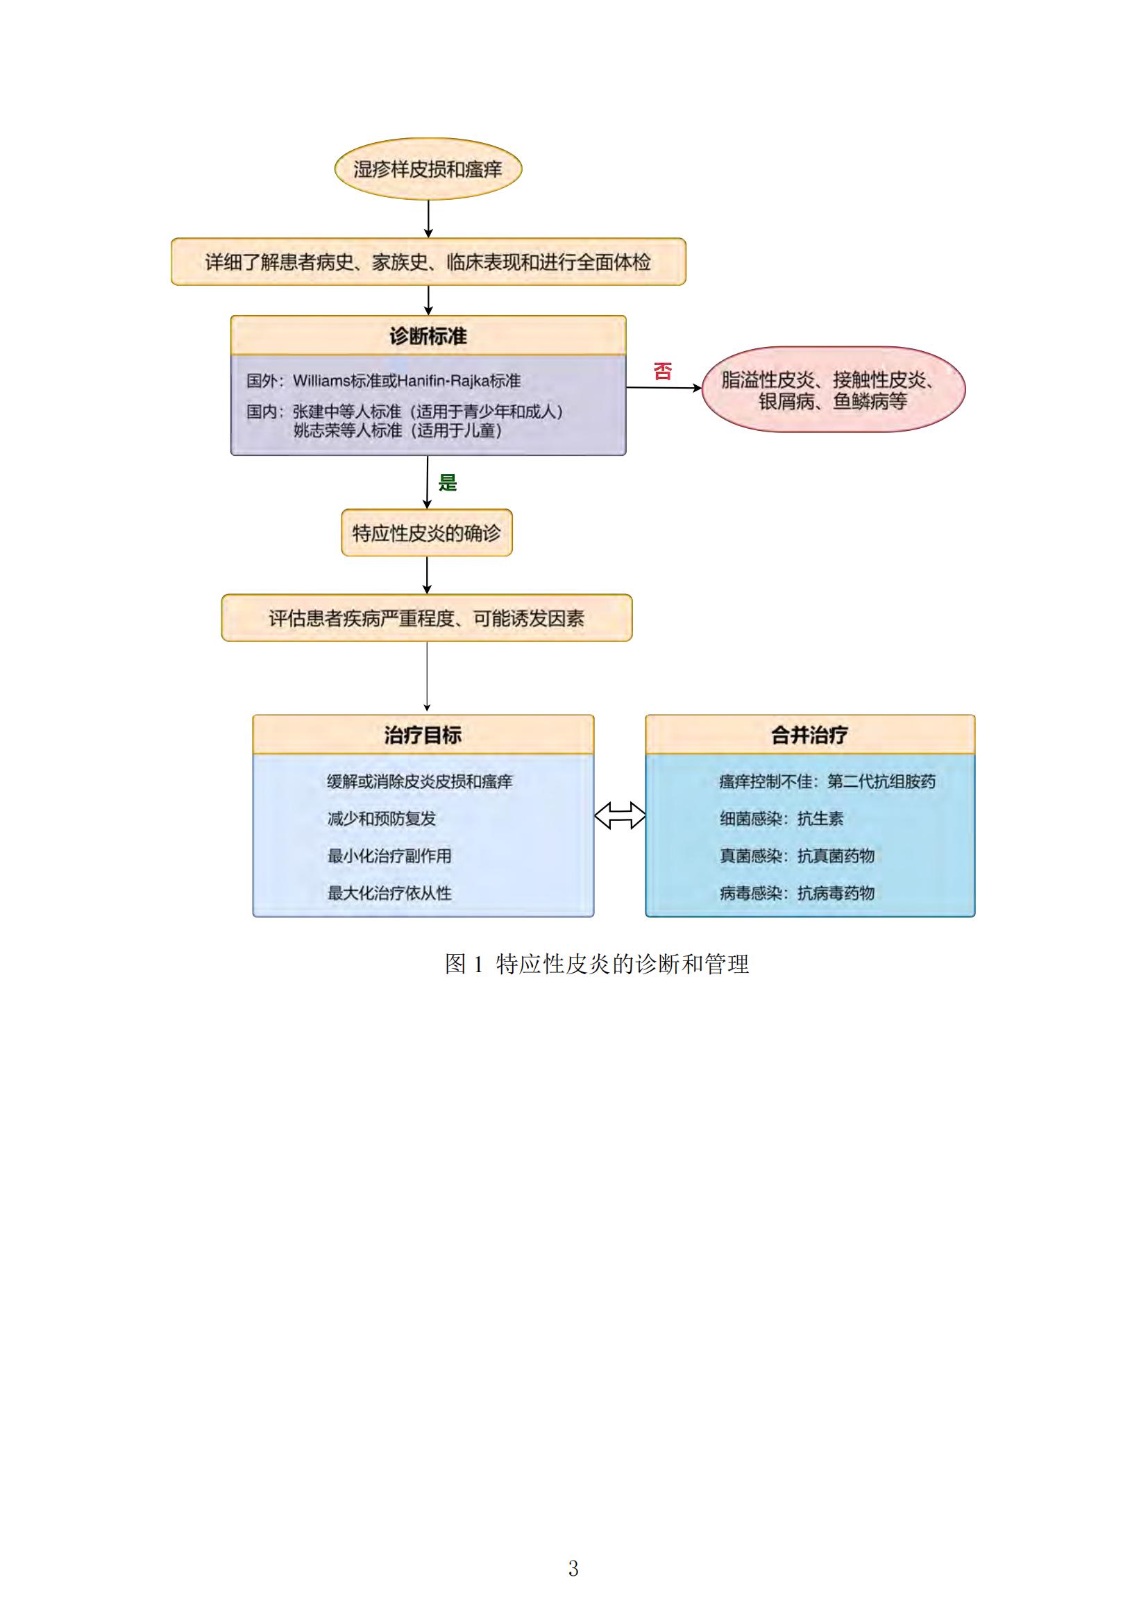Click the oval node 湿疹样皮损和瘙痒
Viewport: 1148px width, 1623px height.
[428, 169]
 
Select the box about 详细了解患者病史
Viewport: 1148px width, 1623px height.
[428, 262]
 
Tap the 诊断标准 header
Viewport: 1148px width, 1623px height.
[428, 336]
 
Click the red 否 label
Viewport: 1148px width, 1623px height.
[662, 371]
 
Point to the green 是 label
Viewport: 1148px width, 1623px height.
[448, 483]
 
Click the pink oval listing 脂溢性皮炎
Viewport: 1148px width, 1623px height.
[834, 389]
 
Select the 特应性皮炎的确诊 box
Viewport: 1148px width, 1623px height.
[427, 532]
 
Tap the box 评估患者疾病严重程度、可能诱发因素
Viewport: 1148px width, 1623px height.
[427, 618]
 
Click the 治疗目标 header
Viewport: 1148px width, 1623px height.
[423, 734]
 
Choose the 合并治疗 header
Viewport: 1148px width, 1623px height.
[810, 734]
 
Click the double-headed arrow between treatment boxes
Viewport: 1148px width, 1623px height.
[620, 815]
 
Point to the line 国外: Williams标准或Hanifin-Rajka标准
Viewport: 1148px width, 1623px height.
[384, 381]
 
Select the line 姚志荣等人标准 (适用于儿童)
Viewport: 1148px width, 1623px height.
[398, 430]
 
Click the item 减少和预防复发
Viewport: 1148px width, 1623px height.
[382, 819]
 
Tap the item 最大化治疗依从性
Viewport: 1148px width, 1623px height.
[389, 893]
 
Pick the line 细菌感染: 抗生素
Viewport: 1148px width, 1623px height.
[782, 819]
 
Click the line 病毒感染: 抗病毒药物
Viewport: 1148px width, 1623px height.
[797, 893]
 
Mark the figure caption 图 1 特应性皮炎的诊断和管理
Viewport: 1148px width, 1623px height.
[597, 965]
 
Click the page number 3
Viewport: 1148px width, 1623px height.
[573, 1569]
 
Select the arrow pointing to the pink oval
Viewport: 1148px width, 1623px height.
[664, 387]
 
